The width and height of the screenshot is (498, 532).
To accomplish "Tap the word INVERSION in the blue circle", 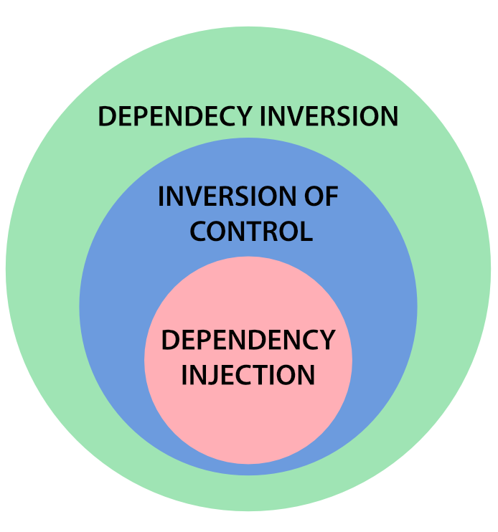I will (x=226, y=196).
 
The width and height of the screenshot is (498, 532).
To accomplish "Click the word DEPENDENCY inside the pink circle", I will (x=248, y=340).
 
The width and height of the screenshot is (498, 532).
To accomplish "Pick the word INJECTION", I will (x=248, y=375).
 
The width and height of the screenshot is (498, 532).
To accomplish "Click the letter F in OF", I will (x=332, y=196).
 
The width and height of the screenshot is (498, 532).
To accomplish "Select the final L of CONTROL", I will (x=306, y=232).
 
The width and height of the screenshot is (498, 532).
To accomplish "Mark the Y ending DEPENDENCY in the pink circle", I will (x=327, y=340).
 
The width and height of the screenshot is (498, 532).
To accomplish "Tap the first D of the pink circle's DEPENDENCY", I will (x=170, y=340).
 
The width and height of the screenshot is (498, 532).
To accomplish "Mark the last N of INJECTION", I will (x=306, y=375).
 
